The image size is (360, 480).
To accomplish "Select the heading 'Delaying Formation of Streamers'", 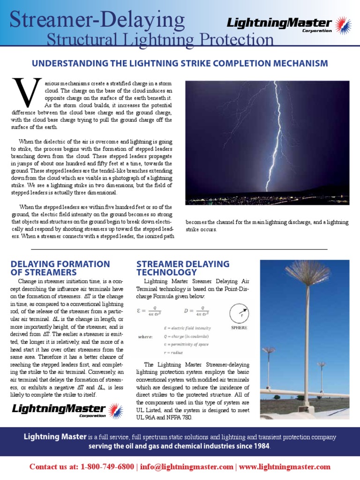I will [x=60, y=268].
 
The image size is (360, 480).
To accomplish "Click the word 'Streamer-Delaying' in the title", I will [x=97, y=20].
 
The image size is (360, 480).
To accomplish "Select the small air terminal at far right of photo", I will [x=322, y=364].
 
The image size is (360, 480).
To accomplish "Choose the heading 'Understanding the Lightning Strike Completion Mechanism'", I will [x=180, y=63].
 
